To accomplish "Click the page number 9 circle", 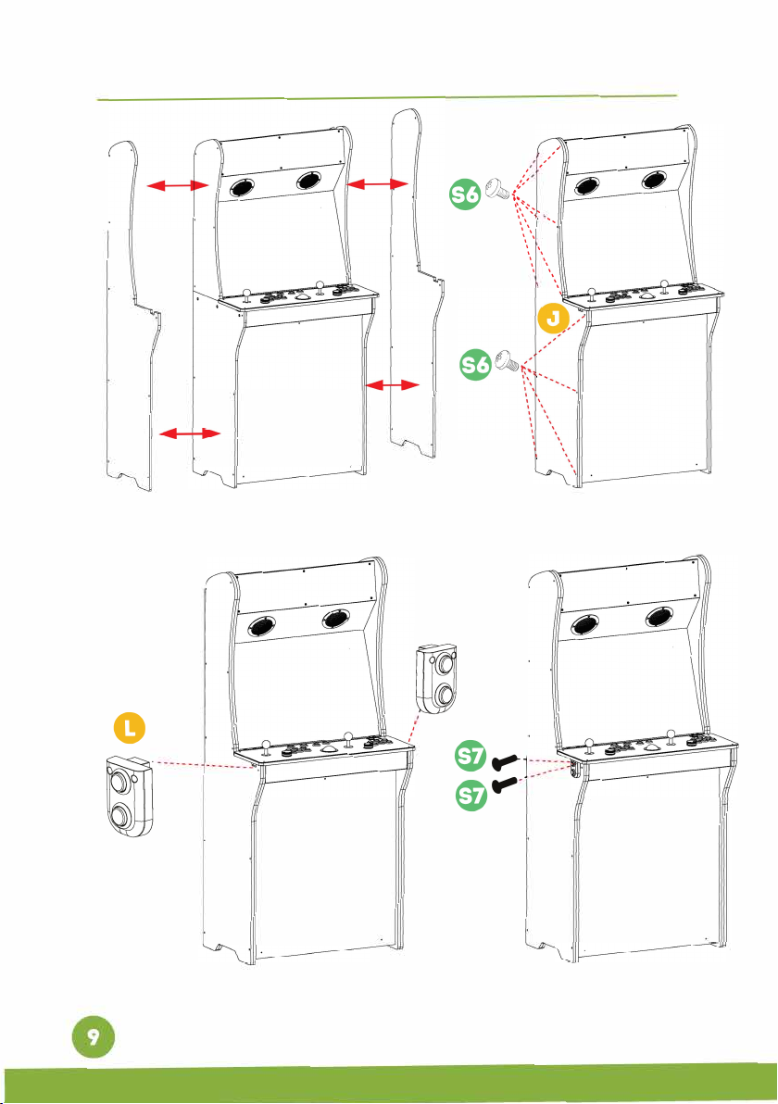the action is click(x=93, y=1036).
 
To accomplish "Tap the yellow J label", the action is click(x=554, y=319).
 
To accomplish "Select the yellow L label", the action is click(x=130, y=728).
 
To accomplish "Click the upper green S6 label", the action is click(x=465, y=194).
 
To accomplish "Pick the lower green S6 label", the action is click(x=475, y=365).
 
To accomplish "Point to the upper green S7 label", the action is click(x=471, y=756).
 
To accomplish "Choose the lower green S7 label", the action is click(x=471, y=795).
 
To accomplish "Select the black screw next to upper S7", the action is click(x=505, y=761).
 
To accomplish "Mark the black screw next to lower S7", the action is click(x=505, y=784).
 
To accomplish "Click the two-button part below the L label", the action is click(x=130, y=797).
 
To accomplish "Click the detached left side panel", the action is click(x=132, y=317).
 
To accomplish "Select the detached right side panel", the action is click(x=417, y=282).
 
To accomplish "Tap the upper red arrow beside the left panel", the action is click(x=178, y=185).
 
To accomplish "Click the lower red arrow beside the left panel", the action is click(x=190, y=433).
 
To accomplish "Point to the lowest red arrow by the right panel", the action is click(x=392, y=384).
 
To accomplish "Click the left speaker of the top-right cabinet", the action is click(x=586, y=186).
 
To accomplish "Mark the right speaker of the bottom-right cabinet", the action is click(x=659, y=618).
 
